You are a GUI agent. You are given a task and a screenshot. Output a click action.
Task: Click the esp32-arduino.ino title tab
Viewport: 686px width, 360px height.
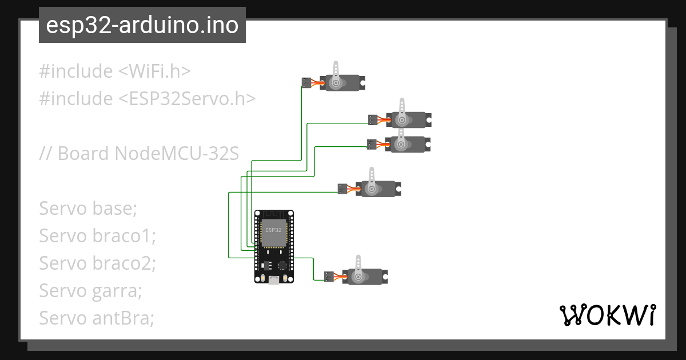[142, 25]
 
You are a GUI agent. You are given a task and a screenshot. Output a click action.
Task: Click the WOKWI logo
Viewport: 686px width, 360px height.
[607, 315]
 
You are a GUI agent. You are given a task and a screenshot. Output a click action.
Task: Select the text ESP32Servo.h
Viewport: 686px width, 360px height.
[187, 99]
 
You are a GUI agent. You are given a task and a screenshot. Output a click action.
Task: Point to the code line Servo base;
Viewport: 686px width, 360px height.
[88, 209]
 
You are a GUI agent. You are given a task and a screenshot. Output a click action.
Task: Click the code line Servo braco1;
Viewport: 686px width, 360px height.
[97, 236]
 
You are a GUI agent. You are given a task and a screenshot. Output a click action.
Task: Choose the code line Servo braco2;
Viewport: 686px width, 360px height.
[97, 263]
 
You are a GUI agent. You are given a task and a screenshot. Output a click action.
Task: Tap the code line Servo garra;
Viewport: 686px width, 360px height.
[90, 291]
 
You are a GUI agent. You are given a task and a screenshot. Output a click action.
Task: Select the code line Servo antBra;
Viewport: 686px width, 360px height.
[97, 318]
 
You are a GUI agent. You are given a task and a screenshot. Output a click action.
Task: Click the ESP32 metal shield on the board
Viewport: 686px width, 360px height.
[273, 231]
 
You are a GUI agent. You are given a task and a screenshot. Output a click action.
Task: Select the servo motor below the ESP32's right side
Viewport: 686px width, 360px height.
[366, 277]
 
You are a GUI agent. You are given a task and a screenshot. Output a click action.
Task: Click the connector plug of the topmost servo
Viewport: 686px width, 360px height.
[306, 83]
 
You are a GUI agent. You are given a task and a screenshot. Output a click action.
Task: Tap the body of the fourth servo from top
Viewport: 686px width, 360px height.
[380, 189]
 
